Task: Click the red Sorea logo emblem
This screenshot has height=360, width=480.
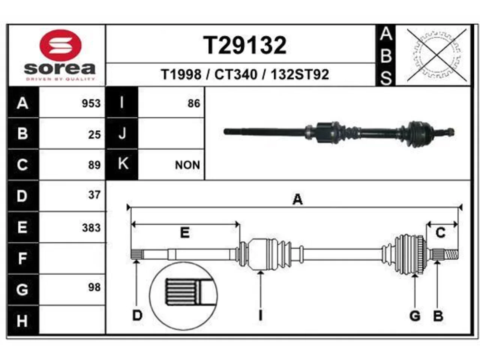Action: [60, 45]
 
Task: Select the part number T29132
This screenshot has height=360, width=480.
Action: [245, 45]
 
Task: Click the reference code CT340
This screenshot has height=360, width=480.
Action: [236, 75]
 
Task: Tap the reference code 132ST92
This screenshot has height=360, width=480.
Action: [300, 75]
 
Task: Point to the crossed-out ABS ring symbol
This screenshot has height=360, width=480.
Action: [436, 55]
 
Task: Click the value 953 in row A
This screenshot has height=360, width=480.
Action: [91, 103]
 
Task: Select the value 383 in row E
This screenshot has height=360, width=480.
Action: [91, 228]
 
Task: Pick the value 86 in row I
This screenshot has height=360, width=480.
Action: [194, 103]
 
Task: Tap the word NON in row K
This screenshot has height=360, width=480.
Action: [187, 165]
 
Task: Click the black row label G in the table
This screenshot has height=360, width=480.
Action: [22, 289]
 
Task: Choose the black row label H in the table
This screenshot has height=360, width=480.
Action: [22, 321]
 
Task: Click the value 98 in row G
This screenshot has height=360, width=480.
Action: [94, 287]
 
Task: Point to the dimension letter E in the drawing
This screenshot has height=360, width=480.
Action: [185, 232]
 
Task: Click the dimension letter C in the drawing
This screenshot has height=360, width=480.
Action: [440, 232]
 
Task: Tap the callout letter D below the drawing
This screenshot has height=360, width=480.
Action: [137, 316]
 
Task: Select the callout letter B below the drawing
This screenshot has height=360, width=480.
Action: [438, 316]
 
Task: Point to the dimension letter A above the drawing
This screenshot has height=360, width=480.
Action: [298, 199]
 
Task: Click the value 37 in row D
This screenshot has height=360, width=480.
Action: [94, 195]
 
